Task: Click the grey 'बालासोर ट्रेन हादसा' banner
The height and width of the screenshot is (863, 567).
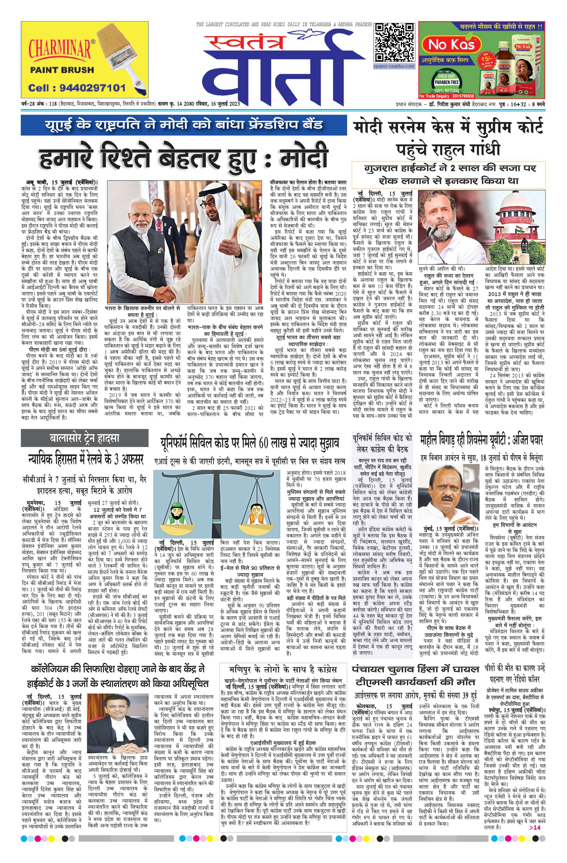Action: point(85,438)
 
